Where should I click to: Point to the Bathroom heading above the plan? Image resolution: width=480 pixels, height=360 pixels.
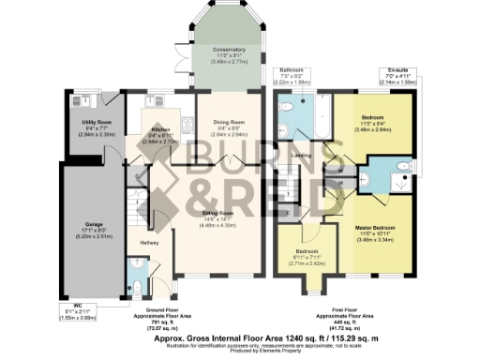(289, 69)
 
